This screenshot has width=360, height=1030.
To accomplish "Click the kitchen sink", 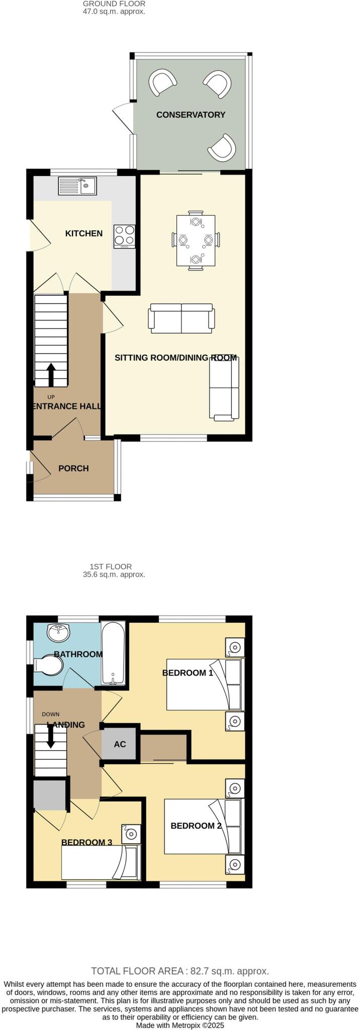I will coord(77,186).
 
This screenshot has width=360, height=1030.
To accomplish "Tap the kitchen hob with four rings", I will coord(125,235).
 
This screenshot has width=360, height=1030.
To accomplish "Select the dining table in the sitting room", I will coord(196,240).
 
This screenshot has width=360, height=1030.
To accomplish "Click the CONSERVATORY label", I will coord(191,115).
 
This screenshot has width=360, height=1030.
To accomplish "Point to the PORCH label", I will coord(73,468).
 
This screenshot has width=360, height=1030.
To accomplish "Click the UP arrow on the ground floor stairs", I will coord(51,374).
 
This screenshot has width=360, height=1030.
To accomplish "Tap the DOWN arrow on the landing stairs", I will coord(51,737).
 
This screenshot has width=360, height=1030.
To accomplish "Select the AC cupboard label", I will coord(120,744).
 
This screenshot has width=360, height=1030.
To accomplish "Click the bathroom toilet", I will coord(49,666).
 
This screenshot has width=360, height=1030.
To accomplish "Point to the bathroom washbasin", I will coord(59,632).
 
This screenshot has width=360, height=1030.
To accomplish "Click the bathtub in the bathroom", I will coord(114,654).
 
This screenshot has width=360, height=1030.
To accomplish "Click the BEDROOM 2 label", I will coord(196,825).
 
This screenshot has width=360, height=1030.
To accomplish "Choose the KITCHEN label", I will coord(84,233).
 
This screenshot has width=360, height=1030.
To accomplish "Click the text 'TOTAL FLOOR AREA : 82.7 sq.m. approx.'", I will coord(180,971).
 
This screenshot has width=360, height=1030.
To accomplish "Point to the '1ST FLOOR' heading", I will coord(111,566).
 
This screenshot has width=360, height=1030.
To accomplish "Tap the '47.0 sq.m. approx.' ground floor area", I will coord(114,12).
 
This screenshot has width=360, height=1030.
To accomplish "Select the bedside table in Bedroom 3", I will coord(131,834).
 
